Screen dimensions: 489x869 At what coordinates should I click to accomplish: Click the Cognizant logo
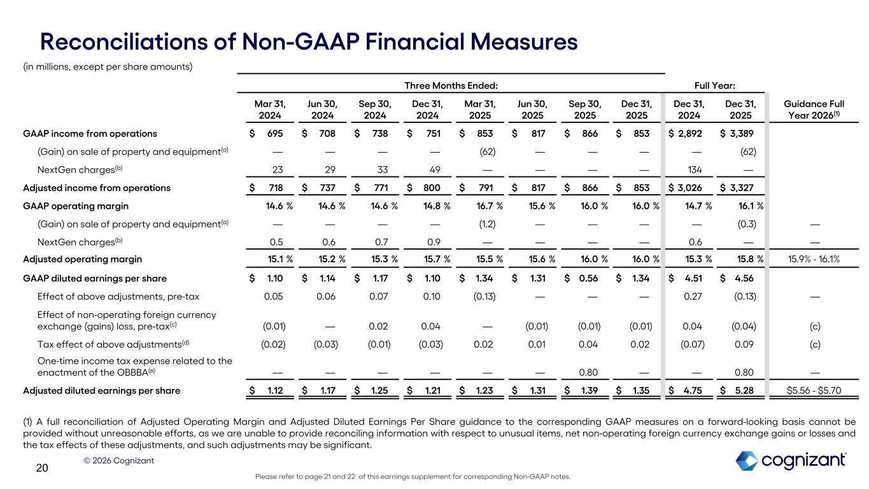coord(791,461)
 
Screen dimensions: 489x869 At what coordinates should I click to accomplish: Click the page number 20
coord(42,469)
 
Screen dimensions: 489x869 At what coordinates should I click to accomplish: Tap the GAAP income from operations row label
coord(90,134)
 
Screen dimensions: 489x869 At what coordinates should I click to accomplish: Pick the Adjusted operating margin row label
coord(82,259)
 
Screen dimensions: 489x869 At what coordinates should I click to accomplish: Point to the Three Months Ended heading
coord(451,84)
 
